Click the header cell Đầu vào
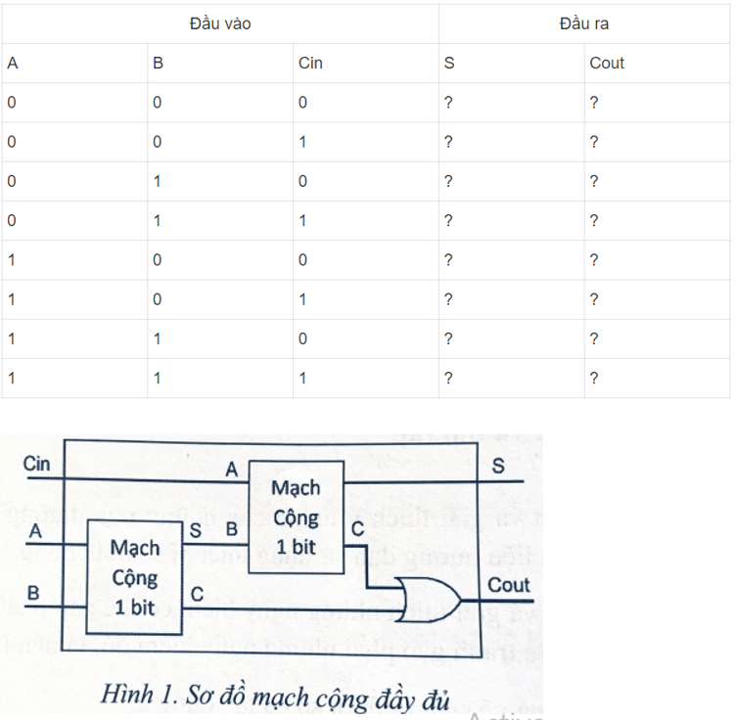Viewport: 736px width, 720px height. tap(220, 23)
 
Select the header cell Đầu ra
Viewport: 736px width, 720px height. tap(584, 23)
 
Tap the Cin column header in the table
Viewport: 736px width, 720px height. tap(310, 64)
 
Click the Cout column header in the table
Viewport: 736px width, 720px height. tap(607, 64)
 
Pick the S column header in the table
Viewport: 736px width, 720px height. tap(449, 64)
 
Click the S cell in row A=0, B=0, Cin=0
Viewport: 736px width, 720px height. tap(448, 103)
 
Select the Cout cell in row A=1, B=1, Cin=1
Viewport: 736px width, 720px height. tap(594, 378)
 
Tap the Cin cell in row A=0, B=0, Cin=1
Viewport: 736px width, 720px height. tap(303, 142)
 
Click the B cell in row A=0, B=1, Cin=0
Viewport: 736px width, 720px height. tap(158, 181)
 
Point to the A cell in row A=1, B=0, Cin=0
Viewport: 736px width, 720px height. tap(12, 260)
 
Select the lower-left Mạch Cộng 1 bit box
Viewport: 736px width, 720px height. tap(135, 577)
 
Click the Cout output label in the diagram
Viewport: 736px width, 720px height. tap(508, 585)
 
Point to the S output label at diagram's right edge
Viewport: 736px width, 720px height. tap(498, 467)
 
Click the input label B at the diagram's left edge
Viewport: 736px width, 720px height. tap(33, 593)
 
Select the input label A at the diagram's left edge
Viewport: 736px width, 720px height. tap(35, 531)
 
